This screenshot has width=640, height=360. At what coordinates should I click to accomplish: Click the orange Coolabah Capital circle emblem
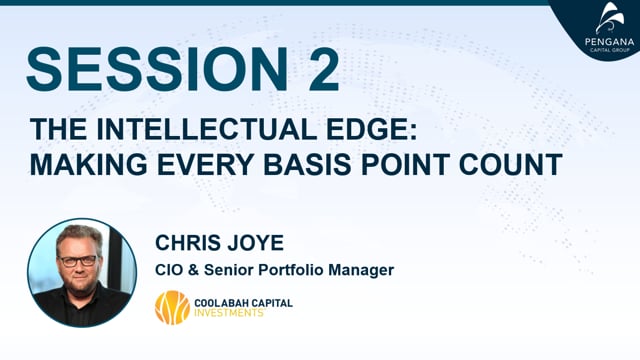[x=172, y=307]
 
